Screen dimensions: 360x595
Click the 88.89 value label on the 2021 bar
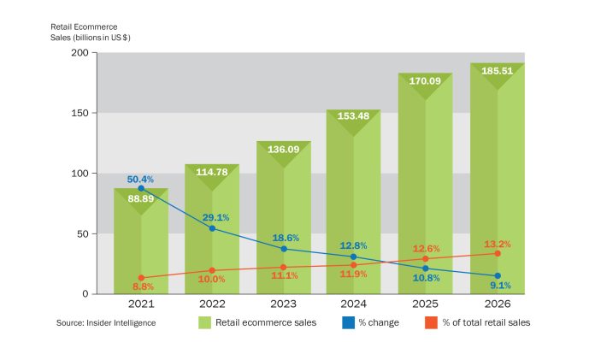point(141,198)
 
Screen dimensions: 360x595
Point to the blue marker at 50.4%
point(141,187)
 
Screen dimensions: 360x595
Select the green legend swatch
point(204,322)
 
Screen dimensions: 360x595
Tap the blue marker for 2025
point(425,269)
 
